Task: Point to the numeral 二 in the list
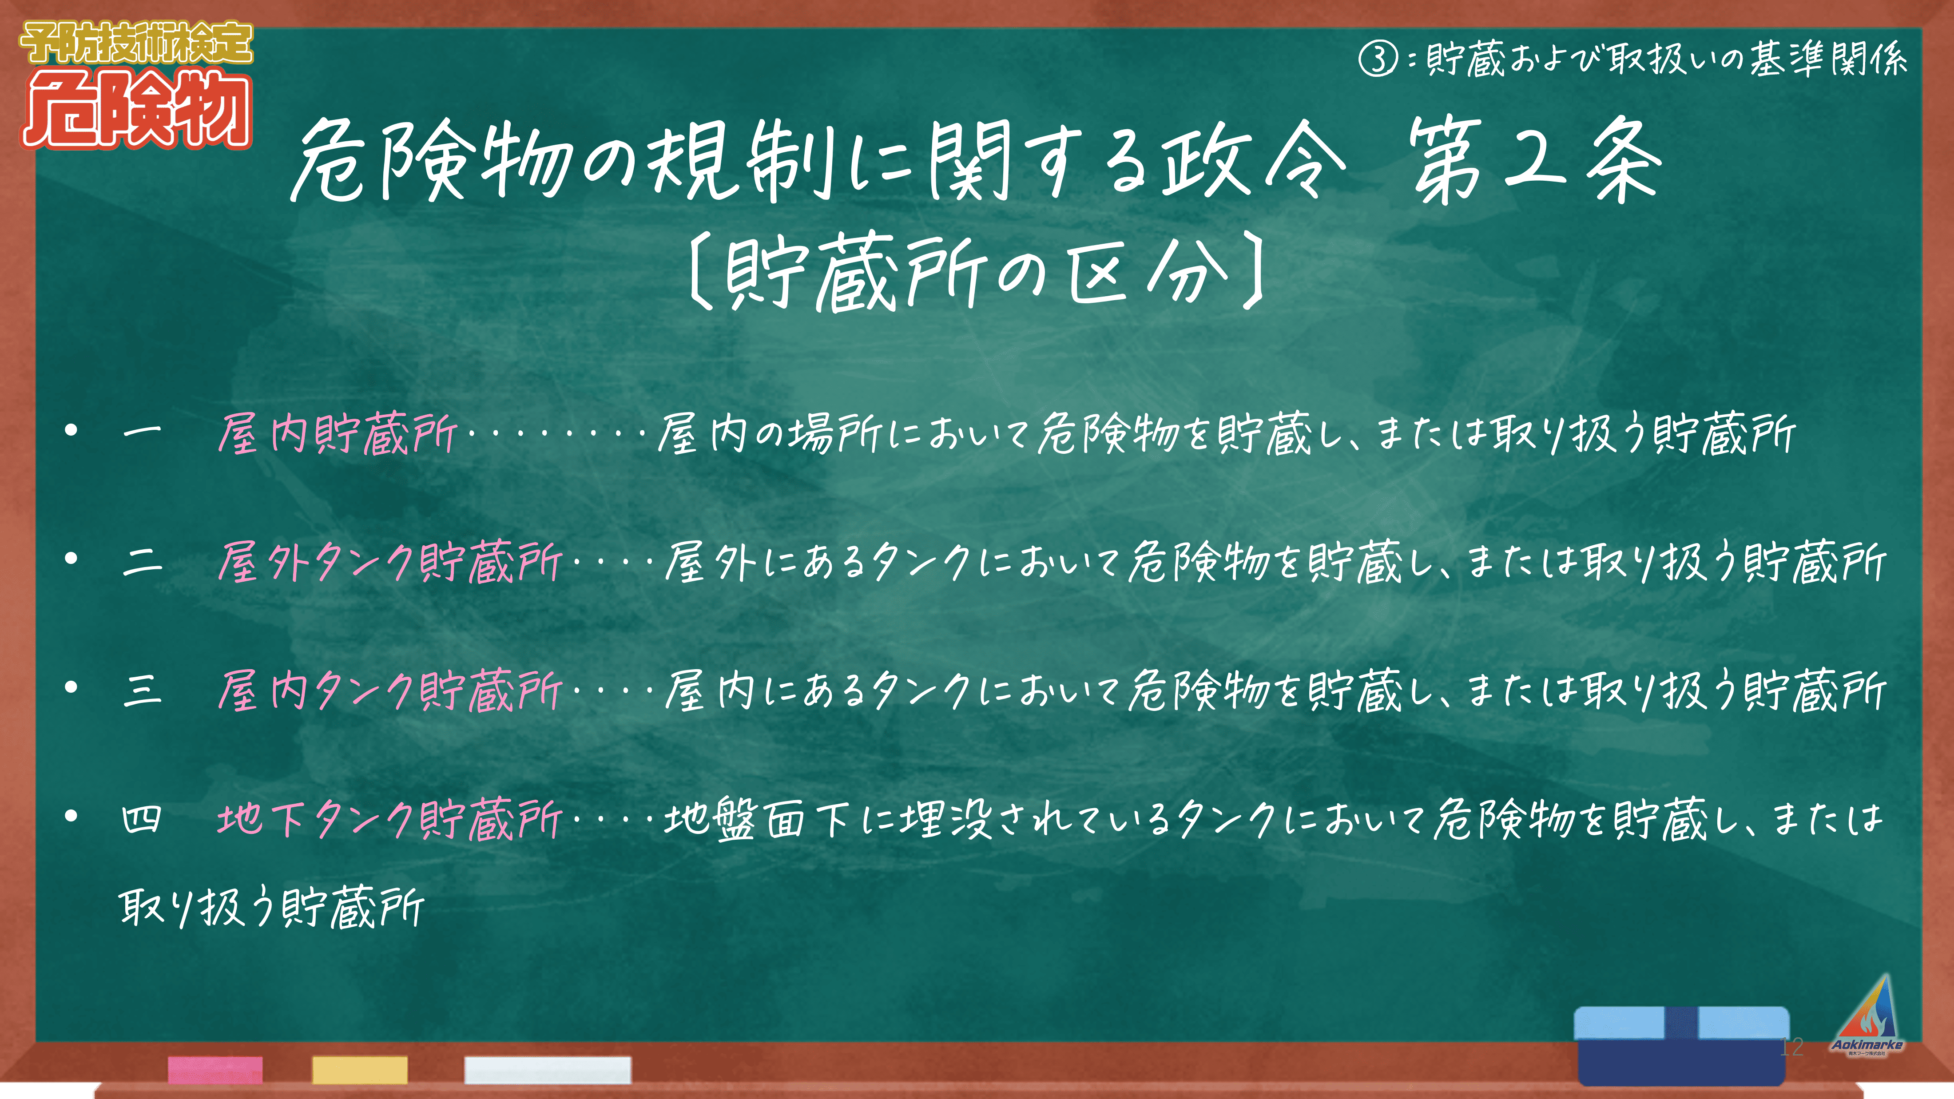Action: (142, 562)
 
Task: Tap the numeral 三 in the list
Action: (142, 690)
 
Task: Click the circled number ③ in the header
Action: (1378, 59)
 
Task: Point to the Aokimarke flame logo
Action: (1867, 1015)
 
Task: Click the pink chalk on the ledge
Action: (215, 1069)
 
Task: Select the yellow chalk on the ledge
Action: (360, 1069)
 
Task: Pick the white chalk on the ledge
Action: (548, 1069)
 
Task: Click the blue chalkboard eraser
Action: (1682, 1045)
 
